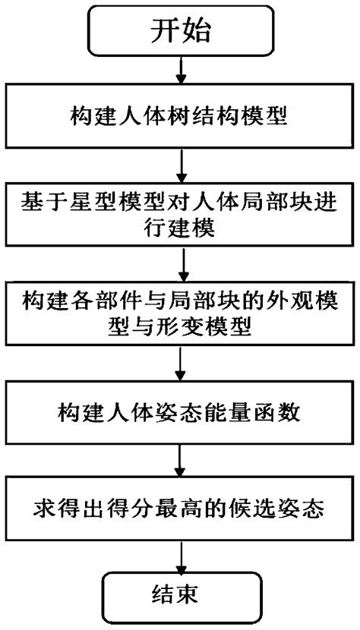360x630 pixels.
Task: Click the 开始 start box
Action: click(180, 32)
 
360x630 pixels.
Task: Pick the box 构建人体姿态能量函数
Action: click(180, 414)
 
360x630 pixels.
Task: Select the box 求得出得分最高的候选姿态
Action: click(180, 506)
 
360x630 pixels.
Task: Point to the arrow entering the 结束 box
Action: click(180, 558)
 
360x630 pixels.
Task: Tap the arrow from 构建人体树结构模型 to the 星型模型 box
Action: click(180, 164)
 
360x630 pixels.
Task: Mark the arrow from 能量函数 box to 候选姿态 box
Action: click(180, 460)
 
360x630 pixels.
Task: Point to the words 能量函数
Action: click(259, 414)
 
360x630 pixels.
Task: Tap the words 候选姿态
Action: click(294, 507)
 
